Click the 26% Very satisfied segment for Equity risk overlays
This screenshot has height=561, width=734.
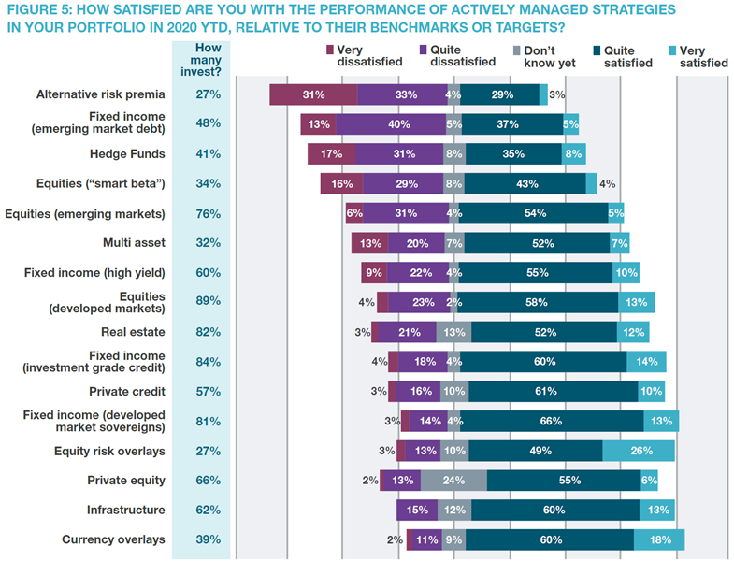tap(639, 451)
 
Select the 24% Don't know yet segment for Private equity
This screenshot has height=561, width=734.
tap(453, 481)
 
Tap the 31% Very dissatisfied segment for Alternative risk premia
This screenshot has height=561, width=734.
tap(313, 94)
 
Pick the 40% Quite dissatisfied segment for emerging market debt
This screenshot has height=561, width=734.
tap(391, 124)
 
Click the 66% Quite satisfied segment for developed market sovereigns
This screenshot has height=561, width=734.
tap(552, 421)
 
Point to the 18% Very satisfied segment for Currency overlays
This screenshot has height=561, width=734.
tap(659, 539)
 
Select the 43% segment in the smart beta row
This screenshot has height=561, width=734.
tap(525, 183)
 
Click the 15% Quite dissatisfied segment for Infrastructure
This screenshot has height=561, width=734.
tap(417, 510)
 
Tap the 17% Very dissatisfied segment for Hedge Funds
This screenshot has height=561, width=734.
tap(331, 154)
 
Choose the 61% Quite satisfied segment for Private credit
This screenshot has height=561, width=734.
tap(554, 392)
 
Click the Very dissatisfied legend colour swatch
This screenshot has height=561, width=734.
tap(329, 50)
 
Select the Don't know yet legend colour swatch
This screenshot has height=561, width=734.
tap(517, 50)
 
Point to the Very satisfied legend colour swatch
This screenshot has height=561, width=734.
tap(672, 50)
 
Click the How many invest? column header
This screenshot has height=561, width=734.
tap(201, 60)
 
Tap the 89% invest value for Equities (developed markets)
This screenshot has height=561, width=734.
tap(208, 301)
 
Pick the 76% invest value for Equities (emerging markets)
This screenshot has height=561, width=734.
tap(208, 214)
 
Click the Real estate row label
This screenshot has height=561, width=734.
tap(133, 332)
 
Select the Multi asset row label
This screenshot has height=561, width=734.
tap(134, 242)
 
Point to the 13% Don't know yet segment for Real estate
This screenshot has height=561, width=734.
tap(453, 332)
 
